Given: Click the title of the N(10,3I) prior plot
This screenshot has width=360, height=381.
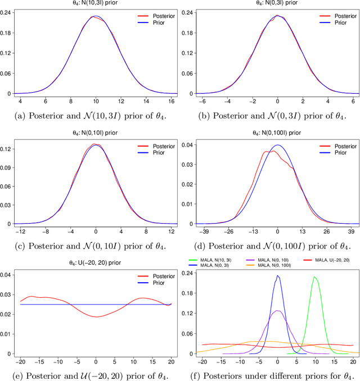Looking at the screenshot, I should pyautogui.click(x=95, y=3).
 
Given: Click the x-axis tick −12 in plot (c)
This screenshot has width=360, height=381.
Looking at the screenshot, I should pyautogui.click(x=21, y=230).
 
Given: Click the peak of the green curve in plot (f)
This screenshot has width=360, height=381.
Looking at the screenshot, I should pyautogui.click(x=315, y=277).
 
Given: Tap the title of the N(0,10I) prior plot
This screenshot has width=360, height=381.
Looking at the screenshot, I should pyautogui.click(x=95, y=133).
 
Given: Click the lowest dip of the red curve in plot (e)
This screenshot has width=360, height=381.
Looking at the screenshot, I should pyautogui.click(x=96, y=317).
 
